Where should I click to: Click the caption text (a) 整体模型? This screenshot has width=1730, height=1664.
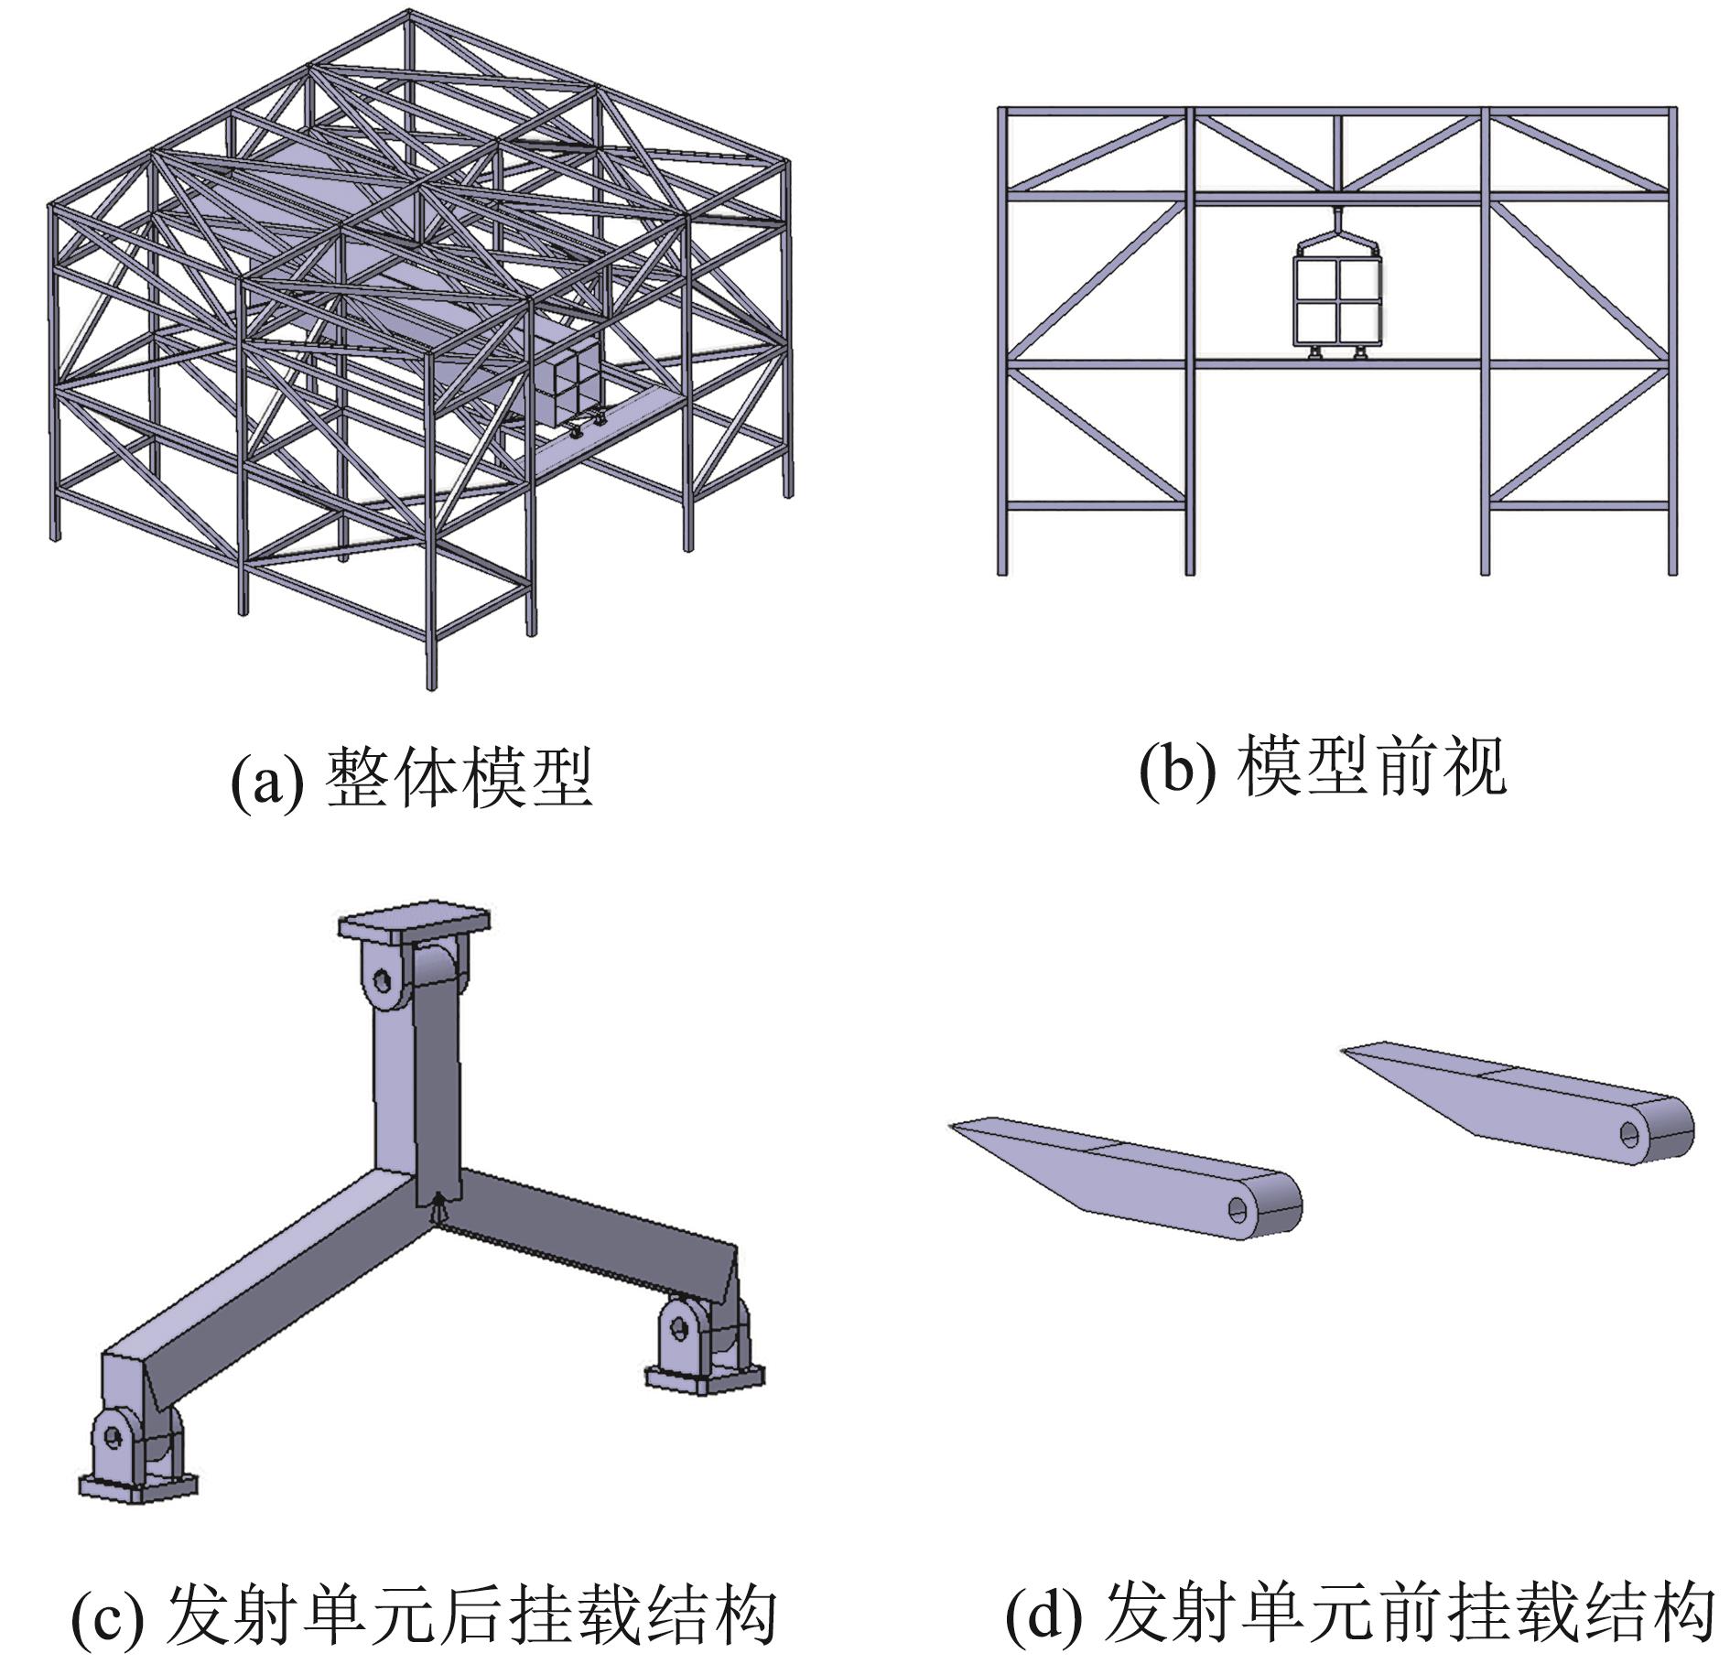coord(412,779)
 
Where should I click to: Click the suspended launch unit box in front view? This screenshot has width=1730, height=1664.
coord(1337,300)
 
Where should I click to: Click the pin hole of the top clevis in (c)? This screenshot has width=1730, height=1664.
coord(382,982)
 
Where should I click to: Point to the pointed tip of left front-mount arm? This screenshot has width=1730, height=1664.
coord(955,1127)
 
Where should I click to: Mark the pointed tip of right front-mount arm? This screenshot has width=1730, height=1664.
coord(1346,1051)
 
